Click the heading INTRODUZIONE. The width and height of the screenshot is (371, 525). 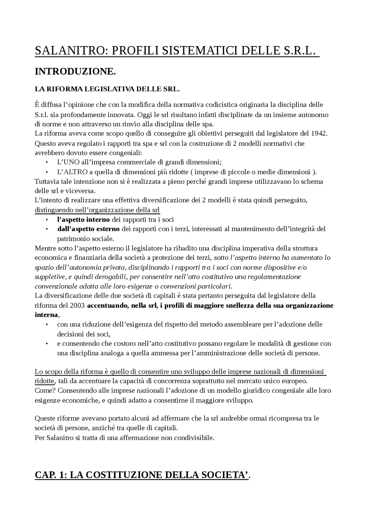pos(75,72)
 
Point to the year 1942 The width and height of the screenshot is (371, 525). pos(319,134)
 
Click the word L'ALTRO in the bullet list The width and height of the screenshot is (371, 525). pos(72,172)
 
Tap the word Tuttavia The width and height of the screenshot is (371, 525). pos(46,181)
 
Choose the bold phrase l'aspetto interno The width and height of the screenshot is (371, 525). pos(83,219)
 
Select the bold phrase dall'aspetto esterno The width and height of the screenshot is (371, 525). pos(88,229)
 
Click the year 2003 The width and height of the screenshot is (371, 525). pos(77,305)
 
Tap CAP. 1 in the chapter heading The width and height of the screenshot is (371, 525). pos(50,475)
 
